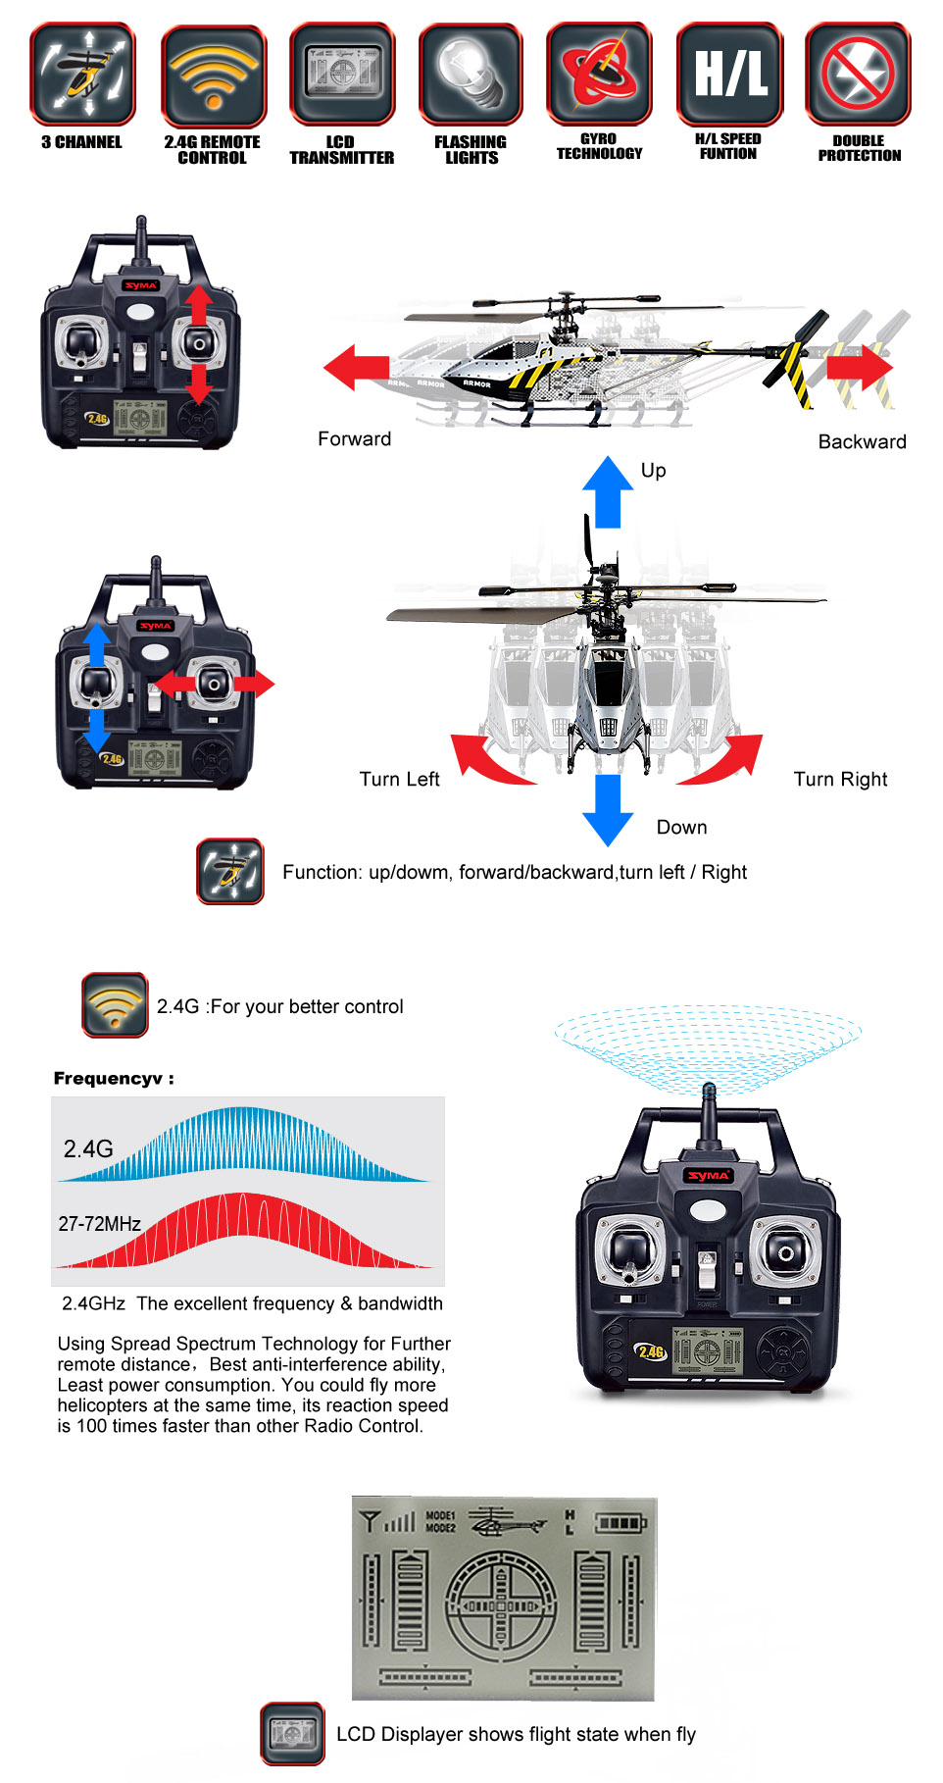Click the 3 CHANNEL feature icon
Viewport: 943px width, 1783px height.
point(82,75)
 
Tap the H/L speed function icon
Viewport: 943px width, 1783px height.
point(730,75)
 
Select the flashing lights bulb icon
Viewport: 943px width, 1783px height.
point(471,75)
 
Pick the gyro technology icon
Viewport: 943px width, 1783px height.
point(600,75)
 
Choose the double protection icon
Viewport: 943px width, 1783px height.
point(859,75)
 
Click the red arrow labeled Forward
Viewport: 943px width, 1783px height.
point(356,368)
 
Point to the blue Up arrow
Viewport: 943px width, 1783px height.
point(608,491)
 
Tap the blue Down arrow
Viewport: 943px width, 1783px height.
point(608,810)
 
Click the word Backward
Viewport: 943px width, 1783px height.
point(863,441)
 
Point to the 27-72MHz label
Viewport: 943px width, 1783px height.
point(100,1224)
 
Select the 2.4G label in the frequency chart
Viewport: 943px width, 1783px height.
point(88,1148)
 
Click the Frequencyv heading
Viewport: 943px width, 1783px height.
point(114,1079)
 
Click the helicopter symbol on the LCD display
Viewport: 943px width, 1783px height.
point(507,1522)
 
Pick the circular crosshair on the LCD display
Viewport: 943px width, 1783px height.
point(501,1605)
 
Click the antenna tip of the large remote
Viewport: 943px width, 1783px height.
point(709,1089)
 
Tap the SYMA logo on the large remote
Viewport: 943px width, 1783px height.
point(709,1175)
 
